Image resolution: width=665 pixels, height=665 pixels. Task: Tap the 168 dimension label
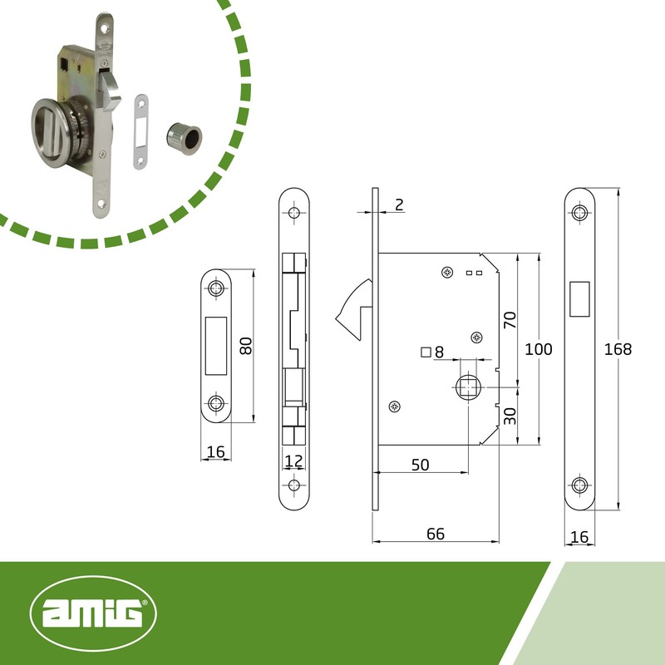[x=618, y=349]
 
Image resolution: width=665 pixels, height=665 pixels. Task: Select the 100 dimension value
[x=538, y=349]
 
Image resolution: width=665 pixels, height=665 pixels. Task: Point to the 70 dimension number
[x=510, y=320]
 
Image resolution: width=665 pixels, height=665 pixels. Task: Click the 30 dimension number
[x=510, y=416]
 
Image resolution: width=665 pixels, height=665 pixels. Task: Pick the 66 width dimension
[x=436, y=534]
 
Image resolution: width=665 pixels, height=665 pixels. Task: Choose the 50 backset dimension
[x=421, y=465]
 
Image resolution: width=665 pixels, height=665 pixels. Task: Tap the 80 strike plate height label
[x=245, y=346]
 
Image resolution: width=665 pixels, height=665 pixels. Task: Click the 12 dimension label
[x=293, y=461]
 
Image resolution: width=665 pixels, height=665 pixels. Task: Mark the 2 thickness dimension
[x=399, y=204]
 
